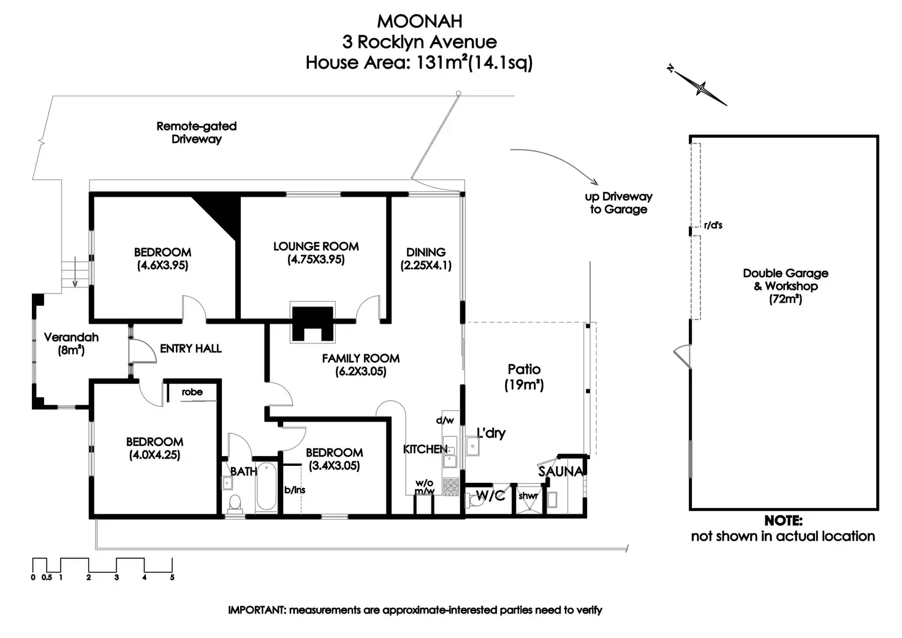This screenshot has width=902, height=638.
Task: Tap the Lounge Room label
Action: [316, 246]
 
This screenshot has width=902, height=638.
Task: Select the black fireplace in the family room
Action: [313, 323]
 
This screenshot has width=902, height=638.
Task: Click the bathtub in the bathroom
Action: [266, 487]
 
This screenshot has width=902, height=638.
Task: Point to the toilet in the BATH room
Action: [234, 503]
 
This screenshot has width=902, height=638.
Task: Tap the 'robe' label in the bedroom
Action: [192, 392]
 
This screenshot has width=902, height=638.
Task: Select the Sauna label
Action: [560, 471]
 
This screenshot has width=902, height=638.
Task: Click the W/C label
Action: [490, 495]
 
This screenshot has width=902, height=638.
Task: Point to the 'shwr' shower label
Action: [528, 496]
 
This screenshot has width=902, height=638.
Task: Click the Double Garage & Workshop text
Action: [785, 279]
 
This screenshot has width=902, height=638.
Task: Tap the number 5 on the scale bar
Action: [172, 577]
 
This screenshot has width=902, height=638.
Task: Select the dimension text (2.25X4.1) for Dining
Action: [426, 266]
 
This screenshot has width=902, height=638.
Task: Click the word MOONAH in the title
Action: [419, 21]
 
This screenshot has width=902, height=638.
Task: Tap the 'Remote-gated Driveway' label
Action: [196, 132]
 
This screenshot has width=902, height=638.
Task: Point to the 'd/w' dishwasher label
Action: [445, 420]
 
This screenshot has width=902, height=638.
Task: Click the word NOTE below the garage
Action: [783, 521]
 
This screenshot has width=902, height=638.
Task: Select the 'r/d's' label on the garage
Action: [713, 226]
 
